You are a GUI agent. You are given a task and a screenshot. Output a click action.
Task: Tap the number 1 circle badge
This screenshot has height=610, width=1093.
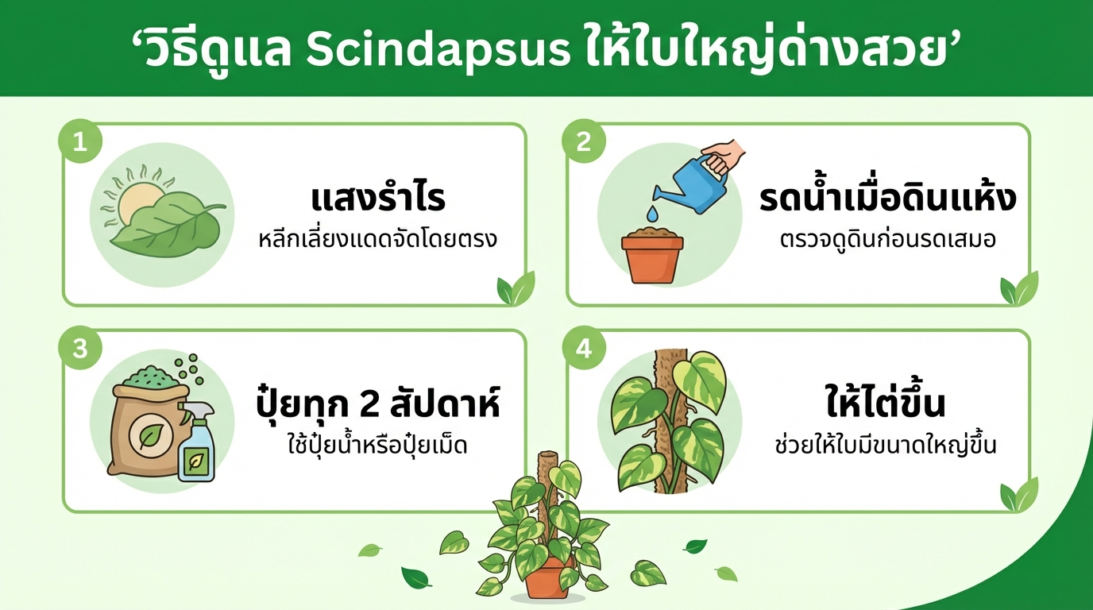pos(79,142)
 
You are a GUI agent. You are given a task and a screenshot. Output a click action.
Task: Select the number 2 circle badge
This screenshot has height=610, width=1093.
pos(584,142)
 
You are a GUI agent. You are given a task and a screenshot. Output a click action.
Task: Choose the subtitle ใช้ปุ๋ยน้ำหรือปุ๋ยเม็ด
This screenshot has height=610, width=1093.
pos(377,445)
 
